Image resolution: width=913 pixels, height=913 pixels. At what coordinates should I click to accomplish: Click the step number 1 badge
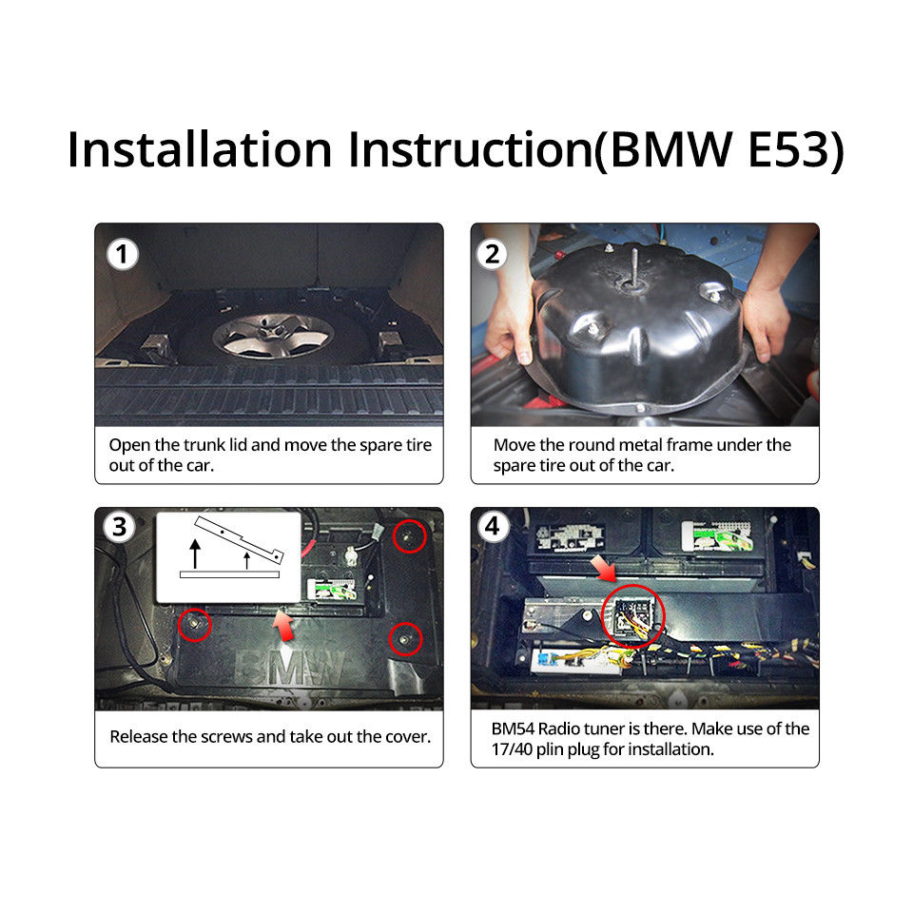tap(123, 255)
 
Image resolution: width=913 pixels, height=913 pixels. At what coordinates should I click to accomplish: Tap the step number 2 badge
tap(492, 255)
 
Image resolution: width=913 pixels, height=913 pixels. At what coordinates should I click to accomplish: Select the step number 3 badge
tap(120, 527)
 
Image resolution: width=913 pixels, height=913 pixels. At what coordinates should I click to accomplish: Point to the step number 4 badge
tap(493, 526)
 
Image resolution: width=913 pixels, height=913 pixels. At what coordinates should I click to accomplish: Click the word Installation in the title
tap(200, 149)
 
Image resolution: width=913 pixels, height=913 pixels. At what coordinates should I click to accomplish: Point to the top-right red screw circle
tap(409, 536)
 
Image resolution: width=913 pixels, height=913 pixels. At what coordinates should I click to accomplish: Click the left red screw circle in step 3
tap(194, 625)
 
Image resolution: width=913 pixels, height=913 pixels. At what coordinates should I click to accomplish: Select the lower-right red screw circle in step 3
tap(406, 639)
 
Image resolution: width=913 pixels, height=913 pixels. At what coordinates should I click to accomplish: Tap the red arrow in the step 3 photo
tap(283, 626)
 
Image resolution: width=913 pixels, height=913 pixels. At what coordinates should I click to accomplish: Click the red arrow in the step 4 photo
tap(603, 569)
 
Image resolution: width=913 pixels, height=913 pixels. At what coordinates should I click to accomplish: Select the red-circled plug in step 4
tap(633, 616)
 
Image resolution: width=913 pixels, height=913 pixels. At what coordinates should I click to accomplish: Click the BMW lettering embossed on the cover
tap(289, 668)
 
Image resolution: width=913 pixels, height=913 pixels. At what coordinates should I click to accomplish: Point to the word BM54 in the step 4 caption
tap(513, 729)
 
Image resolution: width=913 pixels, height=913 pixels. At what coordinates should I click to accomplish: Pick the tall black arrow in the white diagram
tap(195, 554)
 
